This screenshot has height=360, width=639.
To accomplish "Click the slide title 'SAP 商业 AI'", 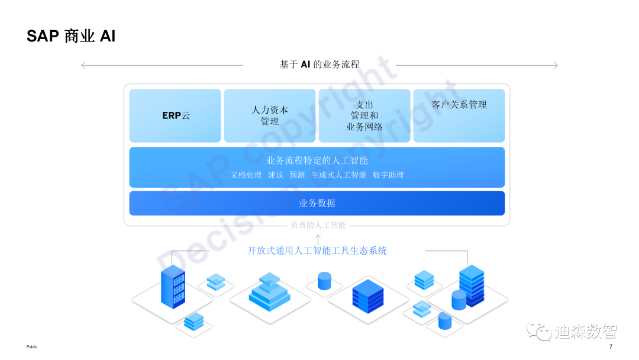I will (71, 36).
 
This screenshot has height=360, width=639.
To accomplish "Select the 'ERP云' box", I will (175, 115).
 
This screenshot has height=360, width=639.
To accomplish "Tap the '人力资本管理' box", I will (270, 115).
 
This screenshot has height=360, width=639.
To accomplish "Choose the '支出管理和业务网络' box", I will (364, 115).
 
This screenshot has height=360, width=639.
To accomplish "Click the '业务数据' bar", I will (317, 203).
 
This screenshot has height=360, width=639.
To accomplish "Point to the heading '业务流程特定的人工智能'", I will (317, 160).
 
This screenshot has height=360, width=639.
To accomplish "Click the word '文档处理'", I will (246, 175).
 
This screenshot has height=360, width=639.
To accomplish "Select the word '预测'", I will (297, 175).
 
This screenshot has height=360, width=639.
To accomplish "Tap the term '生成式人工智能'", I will (339, 175).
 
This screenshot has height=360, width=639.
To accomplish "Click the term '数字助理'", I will (388, 175).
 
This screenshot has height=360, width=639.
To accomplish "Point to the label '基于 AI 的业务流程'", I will (319, 65).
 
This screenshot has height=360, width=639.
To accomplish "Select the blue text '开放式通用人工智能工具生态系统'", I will (317, 251).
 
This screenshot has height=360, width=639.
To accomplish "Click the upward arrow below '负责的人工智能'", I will (318, 239).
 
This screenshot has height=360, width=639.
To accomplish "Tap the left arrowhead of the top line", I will (83, 65).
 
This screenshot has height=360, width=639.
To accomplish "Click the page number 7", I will (611, 347).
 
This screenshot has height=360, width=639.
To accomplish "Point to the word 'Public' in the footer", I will (31, 347).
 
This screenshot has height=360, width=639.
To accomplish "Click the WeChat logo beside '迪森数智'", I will (539, 331).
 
